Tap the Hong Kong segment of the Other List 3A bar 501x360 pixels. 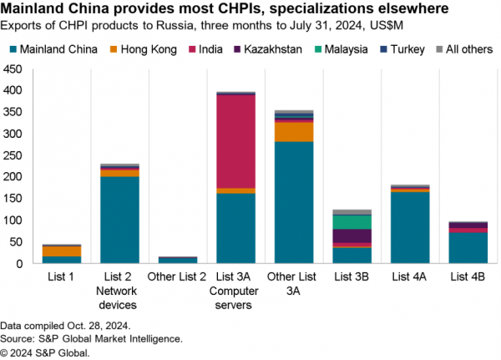point(293,132)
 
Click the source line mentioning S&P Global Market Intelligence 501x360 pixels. point(92,339)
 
